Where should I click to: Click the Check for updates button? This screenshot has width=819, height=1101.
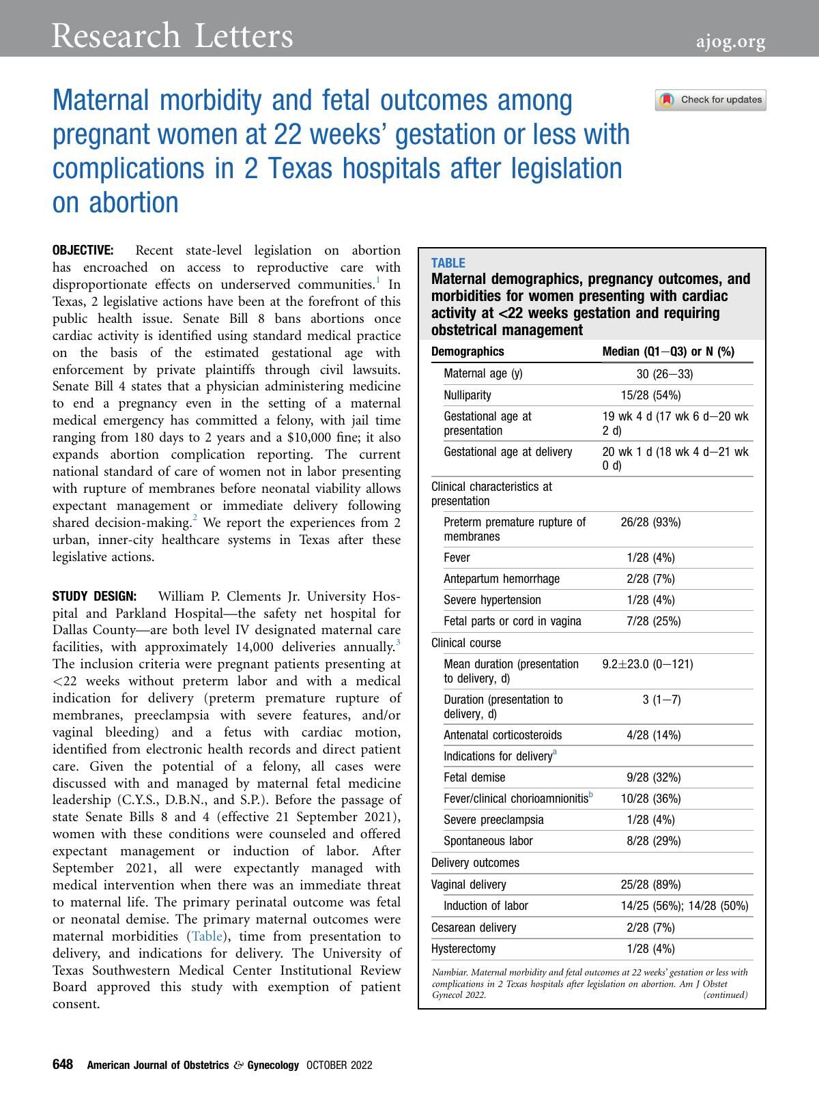[x=710, y=100]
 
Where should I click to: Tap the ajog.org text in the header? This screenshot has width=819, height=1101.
[x=730, y=42]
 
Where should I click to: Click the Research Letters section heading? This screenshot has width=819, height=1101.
[x=172, y=35]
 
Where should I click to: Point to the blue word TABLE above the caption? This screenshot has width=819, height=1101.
[x=448, y=263]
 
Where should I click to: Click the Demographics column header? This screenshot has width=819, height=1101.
[x=468, y=352]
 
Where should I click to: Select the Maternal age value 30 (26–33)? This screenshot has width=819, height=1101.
[x=664, y=373]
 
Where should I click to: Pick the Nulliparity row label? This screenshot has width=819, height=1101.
[x=467, y=395]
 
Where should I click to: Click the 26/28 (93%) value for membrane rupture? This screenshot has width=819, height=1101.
[x=650, y=522]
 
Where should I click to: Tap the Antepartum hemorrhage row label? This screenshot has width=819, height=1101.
[x=502, y=579]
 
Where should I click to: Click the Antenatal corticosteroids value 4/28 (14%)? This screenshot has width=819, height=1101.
[x=653, y=735]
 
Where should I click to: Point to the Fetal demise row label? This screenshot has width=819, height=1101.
[x=474, y=777]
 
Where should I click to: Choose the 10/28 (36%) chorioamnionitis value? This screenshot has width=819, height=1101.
[x=650, y=799]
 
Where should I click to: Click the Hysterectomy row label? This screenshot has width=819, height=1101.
[x=463, y=949]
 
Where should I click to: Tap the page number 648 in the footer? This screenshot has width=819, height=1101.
[x=63, y=1065]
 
